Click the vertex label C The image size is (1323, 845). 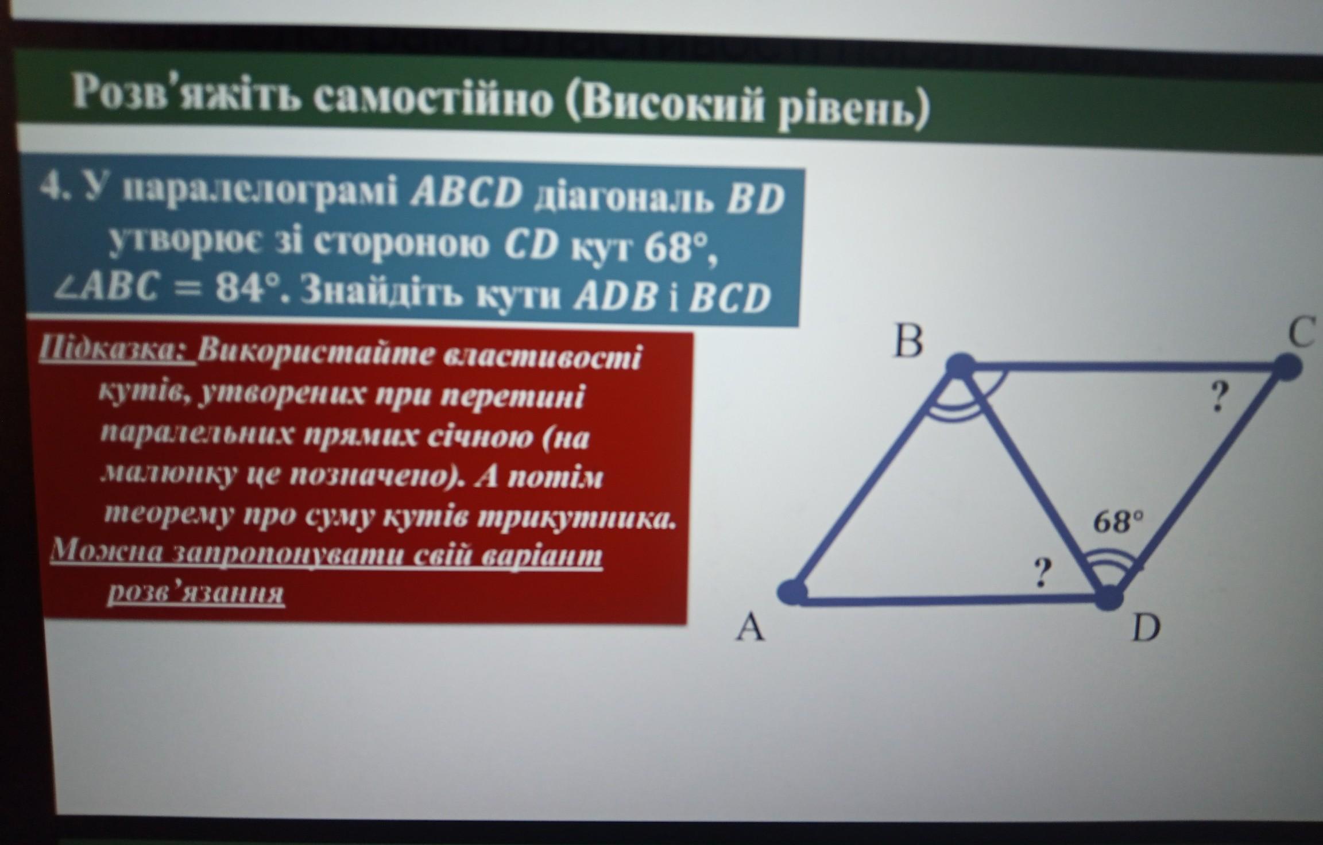coord(1301,333)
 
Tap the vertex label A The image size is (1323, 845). coord(751,627)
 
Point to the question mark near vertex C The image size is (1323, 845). coord(1218,397)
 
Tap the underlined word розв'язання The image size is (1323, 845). coord(195,593)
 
